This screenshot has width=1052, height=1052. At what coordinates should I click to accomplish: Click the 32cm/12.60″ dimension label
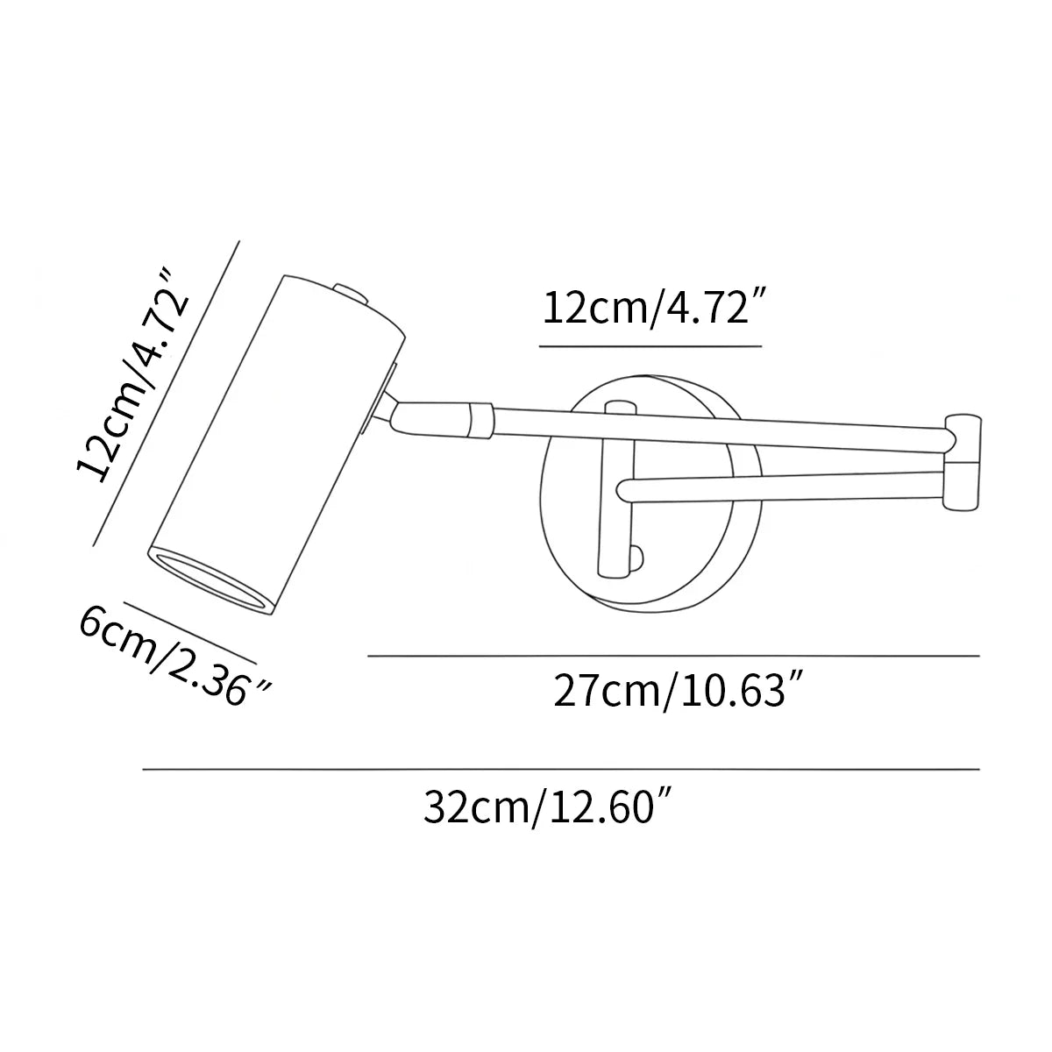tap(550, 807)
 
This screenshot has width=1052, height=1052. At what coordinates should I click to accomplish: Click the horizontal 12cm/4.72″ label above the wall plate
tap(650, 309)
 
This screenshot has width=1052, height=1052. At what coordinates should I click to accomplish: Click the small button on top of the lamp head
tap(350, 291)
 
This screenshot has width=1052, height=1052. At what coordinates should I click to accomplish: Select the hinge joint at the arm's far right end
tap(965, 460)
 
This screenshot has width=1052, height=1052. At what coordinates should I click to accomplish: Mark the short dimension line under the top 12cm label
tap(650, 346)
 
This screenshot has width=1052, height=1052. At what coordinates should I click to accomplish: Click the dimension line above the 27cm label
tap(672, 656)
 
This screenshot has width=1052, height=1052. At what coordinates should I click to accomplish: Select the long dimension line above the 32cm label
tap(561, 770)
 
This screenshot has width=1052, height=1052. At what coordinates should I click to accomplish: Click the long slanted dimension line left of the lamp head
tap(167, 394)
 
